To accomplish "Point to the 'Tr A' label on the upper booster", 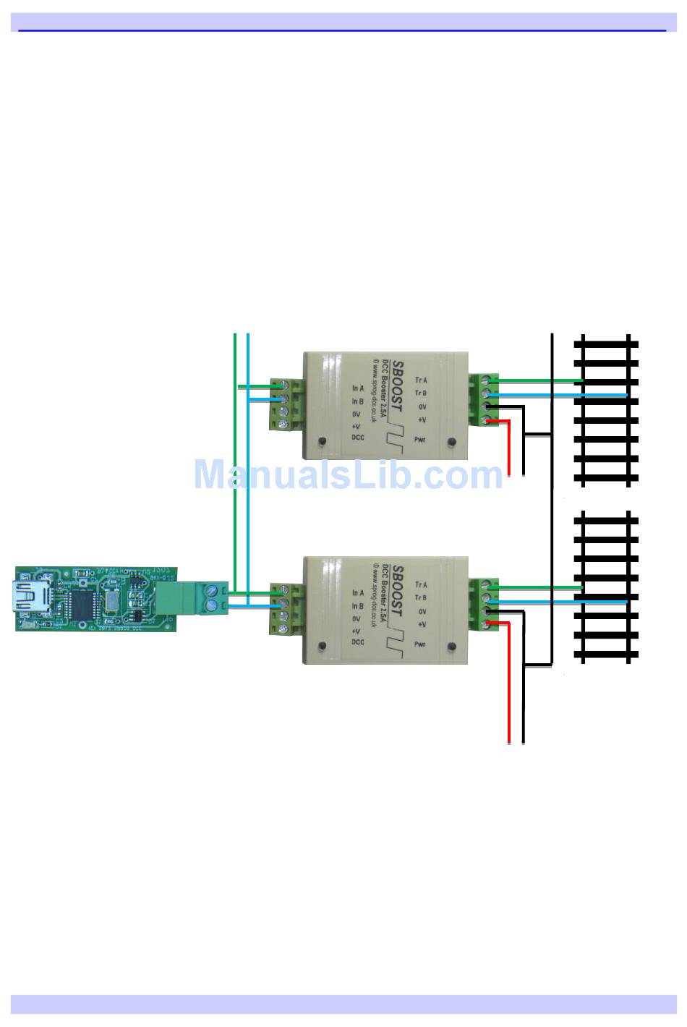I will [x=421, y=380].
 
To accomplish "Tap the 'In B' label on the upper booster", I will [x=357, y=401].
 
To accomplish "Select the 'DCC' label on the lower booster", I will [x=357, y=642].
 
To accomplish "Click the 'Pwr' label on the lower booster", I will [x=420, y=644].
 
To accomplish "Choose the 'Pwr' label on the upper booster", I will [x=420, y=439].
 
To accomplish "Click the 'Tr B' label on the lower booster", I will [x=421, y=597].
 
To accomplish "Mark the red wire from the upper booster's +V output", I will [x=510, y=448].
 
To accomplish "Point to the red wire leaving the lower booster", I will [x=510, y=687].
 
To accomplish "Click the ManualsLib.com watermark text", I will [x=348, y=475].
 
